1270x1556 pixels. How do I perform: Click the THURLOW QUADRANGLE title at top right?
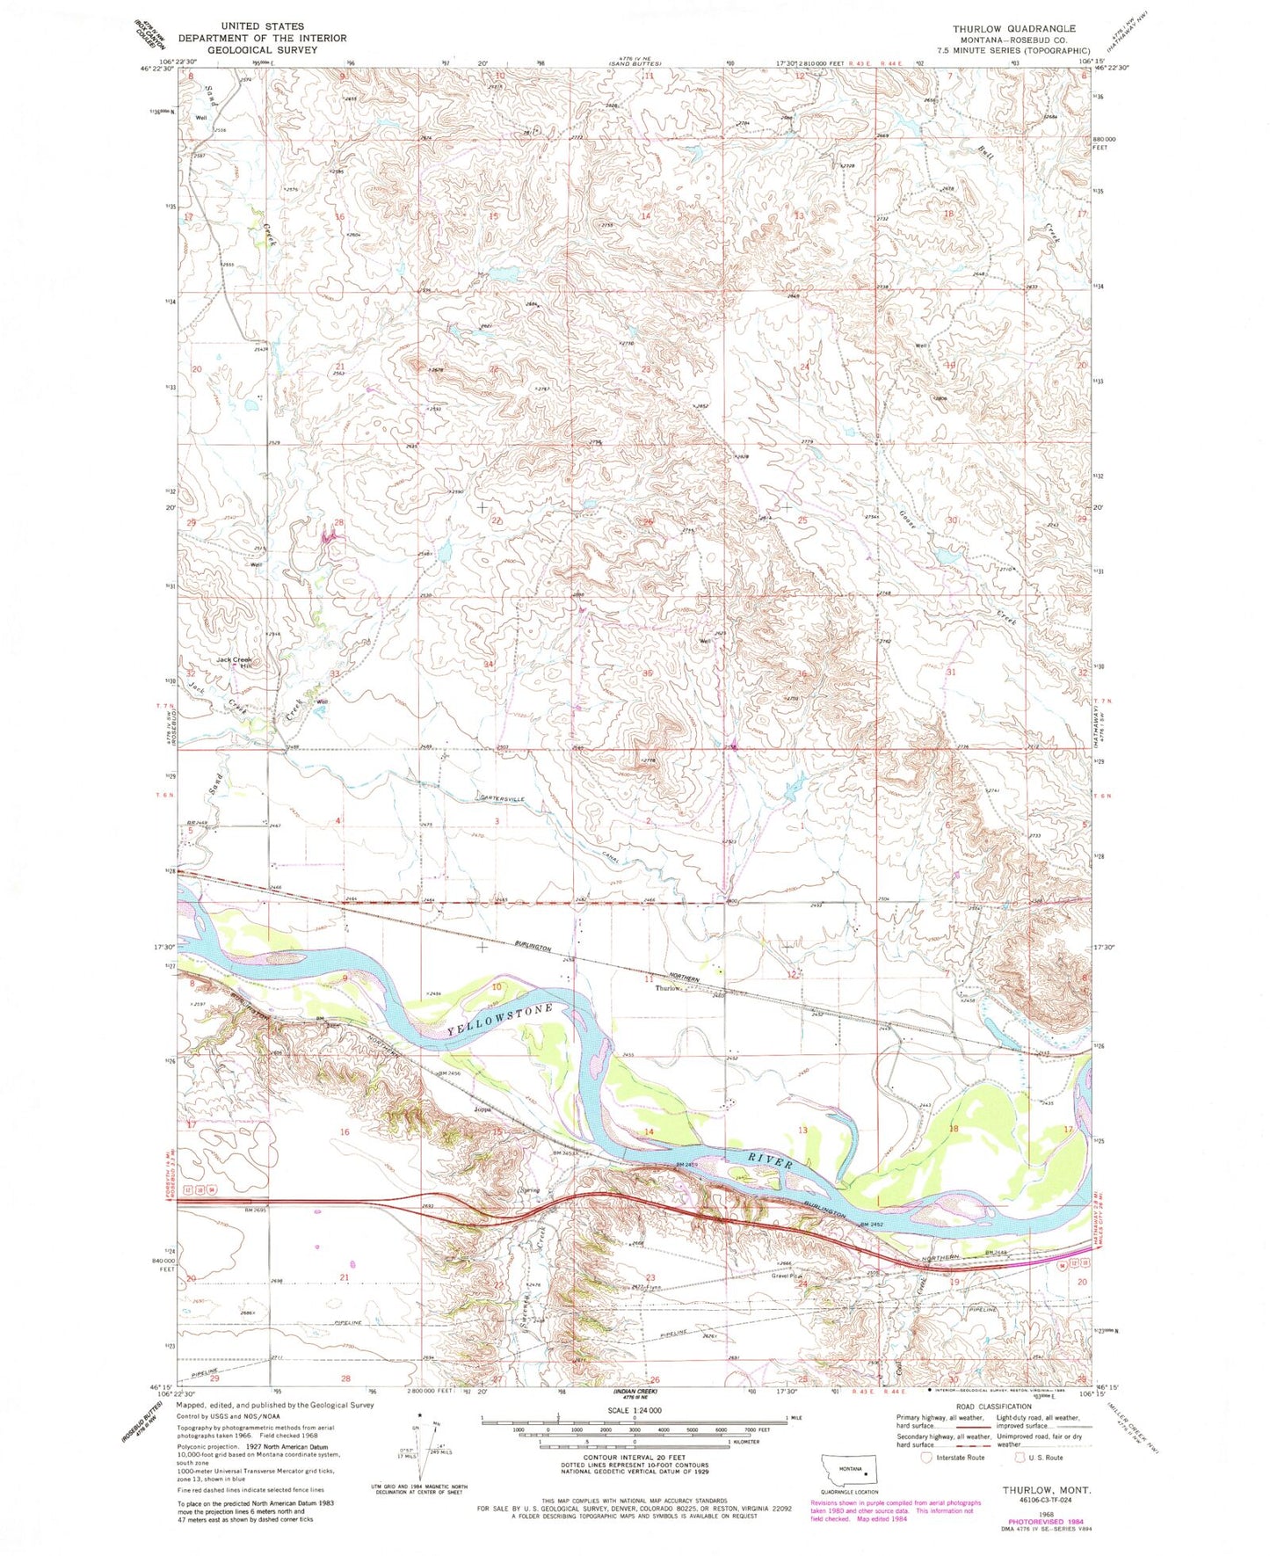click(1013, 29)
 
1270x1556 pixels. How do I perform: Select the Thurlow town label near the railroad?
click(668, 988)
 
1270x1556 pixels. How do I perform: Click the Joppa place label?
click(483, 1109)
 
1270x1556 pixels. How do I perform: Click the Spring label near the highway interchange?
click(529, 1190)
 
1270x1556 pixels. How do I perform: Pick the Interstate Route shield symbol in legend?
click(925, 1457)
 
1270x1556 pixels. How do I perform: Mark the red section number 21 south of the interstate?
click(345, 1277)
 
